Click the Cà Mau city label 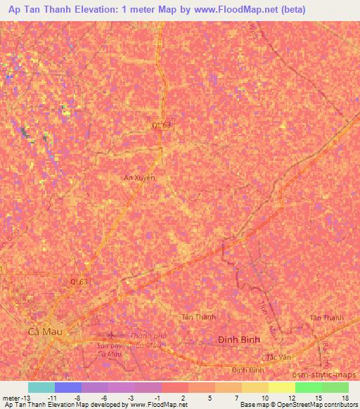tap(43, 332)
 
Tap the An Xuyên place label tap(140, 178)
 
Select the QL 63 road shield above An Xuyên tap(162, 124)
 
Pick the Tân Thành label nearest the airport tap(198, 318)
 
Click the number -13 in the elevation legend tap(29, 397)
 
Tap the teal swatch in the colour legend tap(41, 387)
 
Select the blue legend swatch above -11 tap(67, 387)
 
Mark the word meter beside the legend tap(11, 397)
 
